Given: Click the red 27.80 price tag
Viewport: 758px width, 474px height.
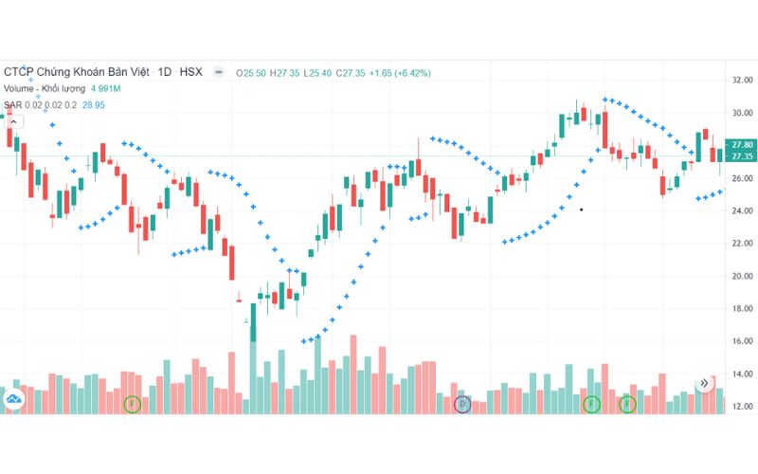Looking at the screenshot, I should pos(741,144).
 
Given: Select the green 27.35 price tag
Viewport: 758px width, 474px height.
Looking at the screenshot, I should pos(741,155).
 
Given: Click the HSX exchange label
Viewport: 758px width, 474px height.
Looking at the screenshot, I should pos(190,72).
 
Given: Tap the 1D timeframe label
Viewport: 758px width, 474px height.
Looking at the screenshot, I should pos(165,72).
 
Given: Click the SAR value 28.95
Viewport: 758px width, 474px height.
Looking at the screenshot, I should pos(97,104).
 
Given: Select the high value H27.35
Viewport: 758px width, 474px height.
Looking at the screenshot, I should pos(284,72).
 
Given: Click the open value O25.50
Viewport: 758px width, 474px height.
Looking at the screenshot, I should pos(251,72).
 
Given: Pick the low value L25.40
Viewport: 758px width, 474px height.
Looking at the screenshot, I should pos(317,72).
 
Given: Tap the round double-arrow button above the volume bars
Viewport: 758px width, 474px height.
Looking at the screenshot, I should pos(704,384).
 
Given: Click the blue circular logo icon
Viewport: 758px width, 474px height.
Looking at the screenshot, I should pos(13,399).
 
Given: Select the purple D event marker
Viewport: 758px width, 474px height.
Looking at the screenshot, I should pos(462,405).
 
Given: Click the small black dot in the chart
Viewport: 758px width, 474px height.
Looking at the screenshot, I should pos(581,209).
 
